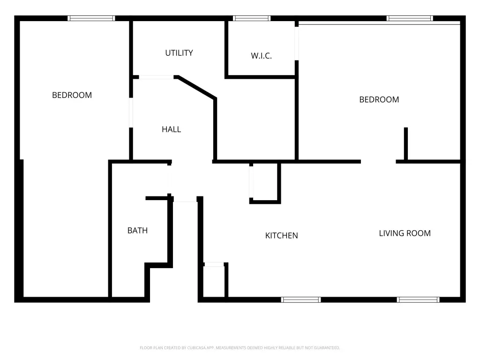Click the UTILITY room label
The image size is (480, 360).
coord(179,53)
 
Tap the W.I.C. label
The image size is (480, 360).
coord(261,56)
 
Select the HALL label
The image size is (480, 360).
coord(172,129)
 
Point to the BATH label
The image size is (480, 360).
coord(137,231)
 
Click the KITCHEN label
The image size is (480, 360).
coord(281,235)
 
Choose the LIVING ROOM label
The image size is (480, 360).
coord(405,233)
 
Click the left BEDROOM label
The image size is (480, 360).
coord(72,95)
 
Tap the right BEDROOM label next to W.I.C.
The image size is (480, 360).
coord(379,99)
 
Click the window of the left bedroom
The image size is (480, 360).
coord(91,18)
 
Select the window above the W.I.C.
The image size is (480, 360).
coord(252,18)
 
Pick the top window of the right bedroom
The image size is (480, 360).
coord(410,18)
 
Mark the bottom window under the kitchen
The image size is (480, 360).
coord(301,300)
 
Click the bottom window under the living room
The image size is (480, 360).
coord(418,300)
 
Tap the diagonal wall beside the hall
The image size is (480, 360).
coord(196,88)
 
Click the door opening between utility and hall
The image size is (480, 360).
coord(156,77)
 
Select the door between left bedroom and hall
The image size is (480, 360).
coord(131,112)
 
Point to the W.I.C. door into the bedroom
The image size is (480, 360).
coord(297,44)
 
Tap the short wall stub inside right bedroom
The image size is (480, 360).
coord(406,143)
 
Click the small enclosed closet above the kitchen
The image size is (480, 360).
coord(265,182)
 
